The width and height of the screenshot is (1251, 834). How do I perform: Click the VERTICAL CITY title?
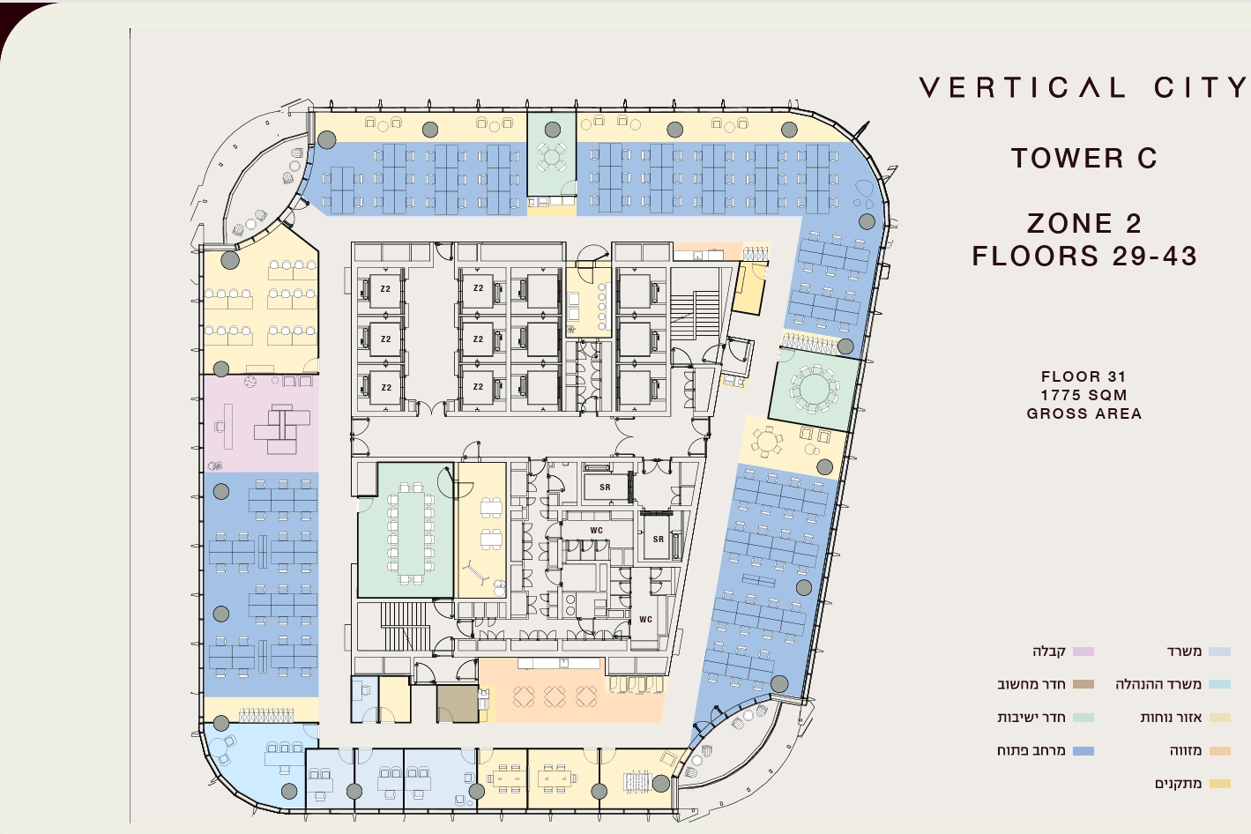click(1083, 87)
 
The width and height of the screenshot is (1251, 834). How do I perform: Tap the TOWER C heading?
click(1084, 158)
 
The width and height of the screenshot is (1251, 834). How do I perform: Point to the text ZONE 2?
click(1084, 223)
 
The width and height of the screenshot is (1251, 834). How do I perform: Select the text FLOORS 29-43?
click(1084, 256)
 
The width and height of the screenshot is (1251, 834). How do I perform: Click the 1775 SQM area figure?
click(1084, 395)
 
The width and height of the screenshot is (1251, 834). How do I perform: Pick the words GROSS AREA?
click(1084, 413)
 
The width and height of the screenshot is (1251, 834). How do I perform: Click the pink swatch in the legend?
click(1083, 652)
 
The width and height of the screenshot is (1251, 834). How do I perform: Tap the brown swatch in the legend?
click(1083, 684)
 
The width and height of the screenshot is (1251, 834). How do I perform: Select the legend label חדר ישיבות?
click(1031, 718)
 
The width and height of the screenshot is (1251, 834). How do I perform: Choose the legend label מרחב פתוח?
click(1031, 751)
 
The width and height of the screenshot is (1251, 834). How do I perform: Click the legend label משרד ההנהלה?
click(1158, 684)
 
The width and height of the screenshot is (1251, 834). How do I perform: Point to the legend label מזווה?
click(1186, 751)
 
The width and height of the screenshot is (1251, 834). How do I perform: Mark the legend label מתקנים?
click(1178, 784)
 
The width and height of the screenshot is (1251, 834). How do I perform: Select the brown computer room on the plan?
click(457, 704)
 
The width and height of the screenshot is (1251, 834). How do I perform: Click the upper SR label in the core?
click(605, 488)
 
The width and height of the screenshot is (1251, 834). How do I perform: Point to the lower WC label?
click(645, 619)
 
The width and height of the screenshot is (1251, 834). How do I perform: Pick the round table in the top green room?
click(552, 157)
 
